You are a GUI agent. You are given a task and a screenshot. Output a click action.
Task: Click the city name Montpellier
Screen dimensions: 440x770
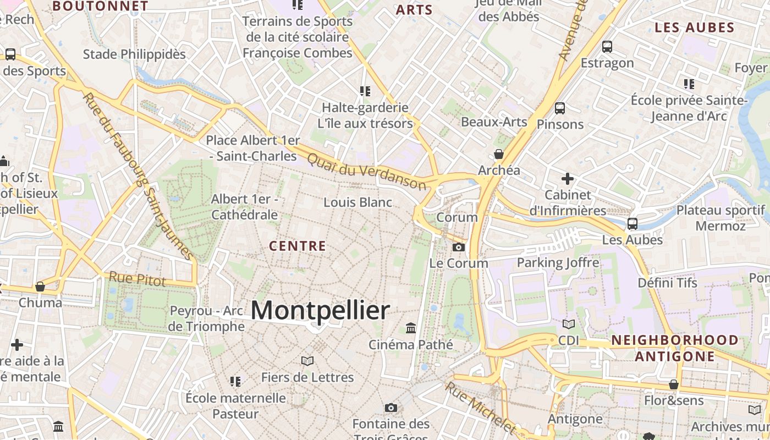[x=320, y=311]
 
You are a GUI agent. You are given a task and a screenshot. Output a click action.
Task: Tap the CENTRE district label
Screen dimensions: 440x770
[x=298, y=246]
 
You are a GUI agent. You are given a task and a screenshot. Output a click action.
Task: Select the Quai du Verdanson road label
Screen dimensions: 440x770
[x=366, y=171]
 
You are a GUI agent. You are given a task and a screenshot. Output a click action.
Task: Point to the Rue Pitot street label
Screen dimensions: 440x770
[x=137, y=279]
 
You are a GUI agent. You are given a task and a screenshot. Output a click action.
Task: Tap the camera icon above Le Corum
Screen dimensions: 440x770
[x=459, y=248]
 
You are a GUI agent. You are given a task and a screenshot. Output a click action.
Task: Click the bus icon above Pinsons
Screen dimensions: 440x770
[x=560, y=108]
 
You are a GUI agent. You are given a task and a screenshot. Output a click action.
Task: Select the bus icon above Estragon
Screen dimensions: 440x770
[x=607, y=47]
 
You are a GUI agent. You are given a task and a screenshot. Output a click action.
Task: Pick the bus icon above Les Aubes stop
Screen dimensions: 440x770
[x=632, y=224]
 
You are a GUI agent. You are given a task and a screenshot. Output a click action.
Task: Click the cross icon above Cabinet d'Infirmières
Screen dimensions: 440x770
[x=568, y=179]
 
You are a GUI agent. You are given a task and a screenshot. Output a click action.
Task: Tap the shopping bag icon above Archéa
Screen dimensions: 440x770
[x=499, y=154]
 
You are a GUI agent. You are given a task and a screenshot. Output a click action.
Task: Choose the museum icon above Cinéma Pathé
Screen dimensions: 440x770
[x=411, y=328]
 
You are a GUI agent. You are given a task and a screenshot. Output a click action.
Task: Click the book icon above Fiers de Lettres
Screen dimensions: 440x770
[x=307, y=361]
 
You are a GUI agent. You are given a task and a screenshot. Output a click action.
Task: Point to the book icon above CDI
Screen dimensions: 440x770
[x=569, y=324]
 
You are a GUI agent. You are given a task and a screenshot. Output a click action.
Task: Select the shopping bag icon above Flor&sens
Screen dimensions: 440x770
[x=674, y=384]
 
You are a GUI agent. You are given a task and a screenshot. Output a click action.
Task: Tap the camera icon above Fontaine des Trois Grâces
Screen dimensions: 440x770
[x=391, y=408]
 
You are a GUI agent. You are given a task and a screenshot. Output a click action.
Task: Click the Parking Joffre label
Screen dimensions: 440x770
[x=558, y=262]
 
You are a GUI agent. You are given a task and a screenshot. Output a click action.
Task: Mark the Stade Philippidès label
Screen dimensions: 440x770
[x=134, y=54]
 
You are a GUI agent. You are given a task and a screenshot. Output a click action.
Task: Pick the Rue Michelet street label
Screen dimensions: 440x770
[x=481, y=408]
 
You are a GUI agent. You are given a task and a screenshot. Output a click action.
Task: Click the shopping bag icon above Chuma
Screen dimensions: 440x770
[x=40, y=287]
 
